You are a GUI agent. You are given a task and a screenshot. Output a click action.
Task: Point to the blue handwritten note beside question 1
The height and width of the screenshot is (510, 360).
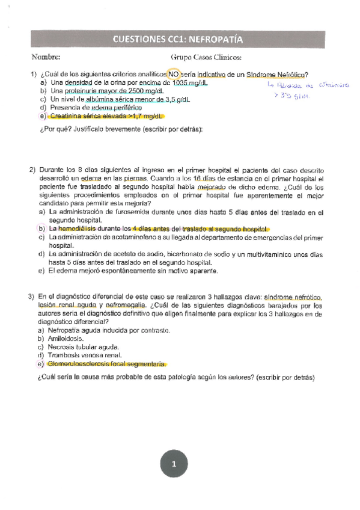(297, 90)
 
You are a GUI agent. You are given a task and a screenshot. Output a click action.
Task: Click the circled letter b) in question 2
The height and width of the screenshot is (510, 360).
(41, 229)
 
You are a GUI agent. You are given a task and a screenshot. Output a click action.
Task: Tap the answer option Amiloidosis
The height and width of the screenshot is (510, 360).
(66, 339)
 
